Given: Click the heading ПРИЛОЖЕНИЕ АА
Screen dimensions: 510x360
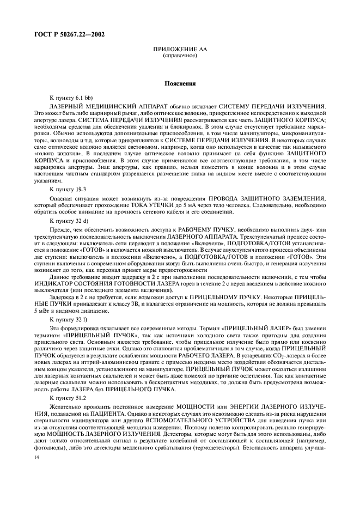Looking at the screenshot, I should coord(180,50).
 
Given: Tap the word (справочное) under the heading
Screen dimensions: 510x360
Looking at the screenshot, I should coord(180,56).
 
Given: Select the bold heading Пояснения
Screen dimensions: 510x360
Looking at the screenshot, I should coord(180,84).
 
